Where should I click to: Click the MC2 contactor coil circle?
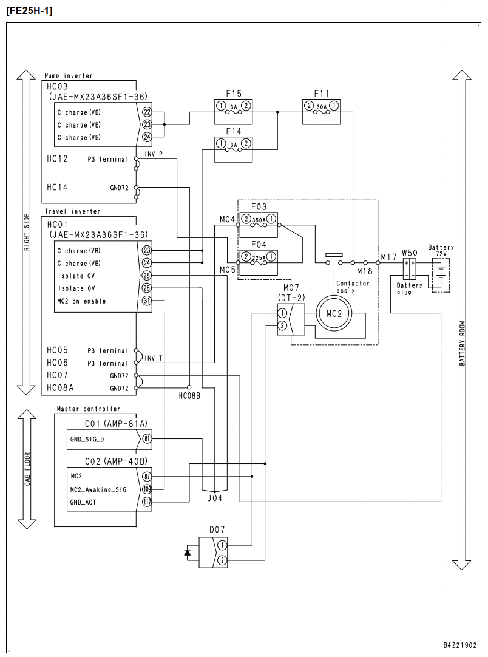(334, 314)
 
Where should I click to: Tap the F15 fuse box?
(233, 112)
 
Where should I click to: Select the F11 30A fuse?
(321, 112)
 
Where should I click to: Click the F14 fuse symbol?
(233, 149)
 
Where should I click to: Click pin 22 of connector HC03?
(147, 112)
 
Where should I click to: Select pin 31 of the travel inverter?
(147, 301)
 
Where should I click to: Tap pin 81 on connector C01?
(147, 439)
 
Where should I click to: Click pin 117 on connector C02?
(147, 502)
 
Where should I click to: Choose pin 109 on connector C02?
(147, 489)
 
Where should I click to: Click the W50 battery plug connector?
(409, 270)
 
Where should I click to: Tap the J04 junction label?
(215, 498)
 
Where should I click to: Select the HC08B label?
(189, 395)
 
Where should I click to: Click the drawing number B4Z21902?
(460, 645)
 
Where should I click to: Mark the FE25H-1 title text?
(30, 10)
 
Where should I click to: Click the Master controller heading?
(89, 409)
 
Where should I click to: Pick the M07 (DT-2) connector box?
(291, 319)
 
